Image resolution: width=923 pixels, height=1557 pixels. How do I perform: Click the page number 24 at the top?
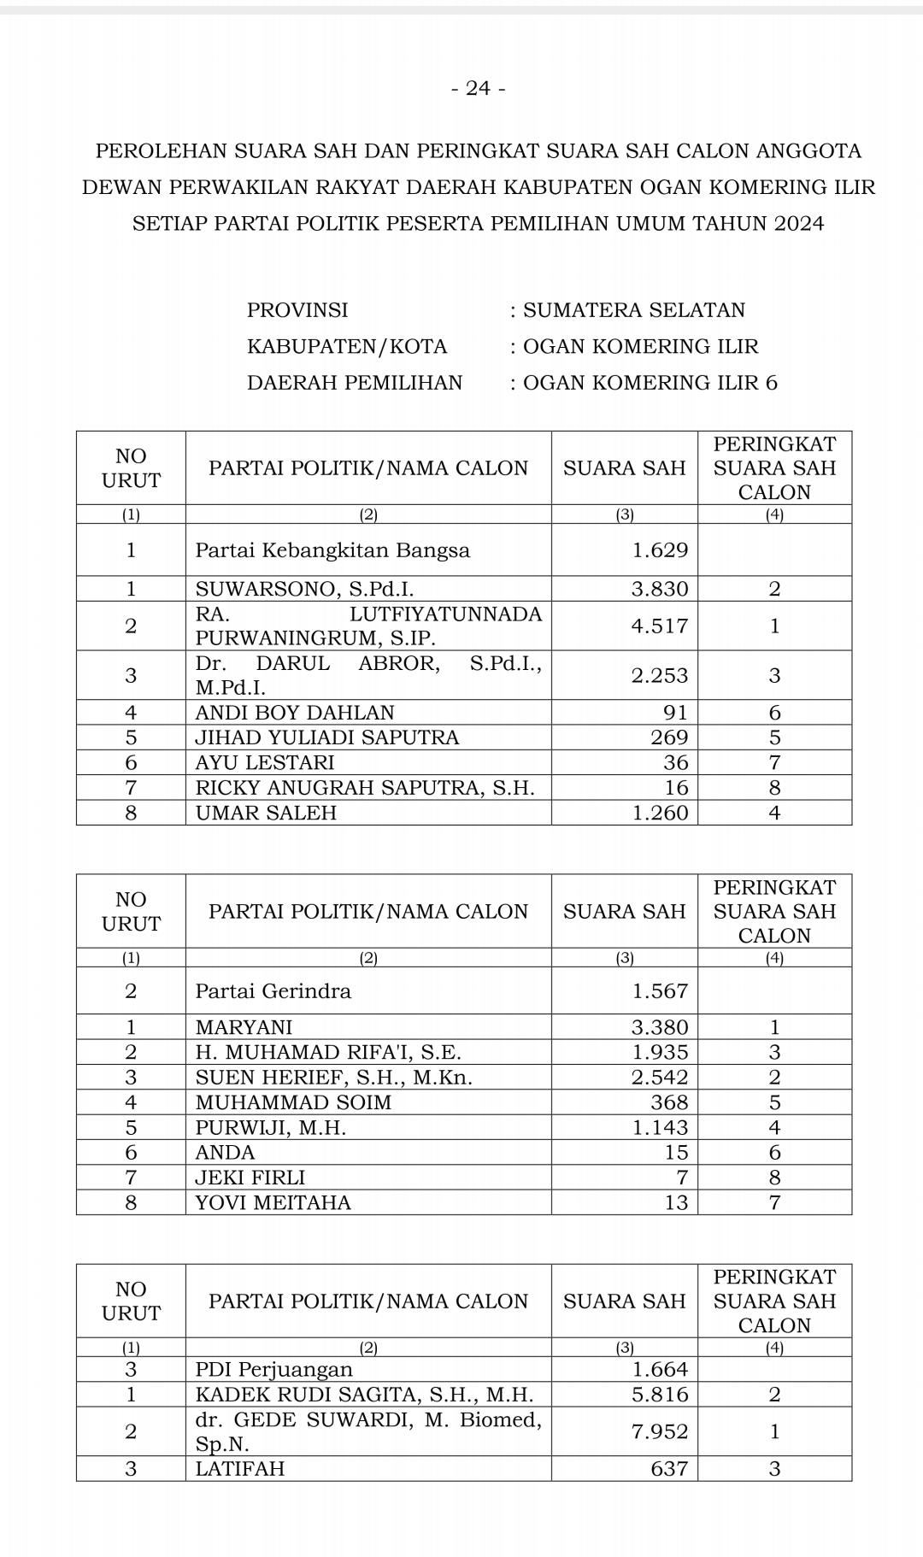point(478,89)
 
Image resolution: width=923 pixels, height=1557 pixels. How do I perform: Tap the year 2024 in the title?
point(800,224)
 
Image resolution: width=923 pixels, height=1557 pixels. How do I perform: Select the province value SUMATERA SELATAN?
point(633,310)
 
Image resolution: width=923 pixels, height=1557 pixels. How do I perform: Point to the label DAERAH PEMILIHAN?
point(355,383)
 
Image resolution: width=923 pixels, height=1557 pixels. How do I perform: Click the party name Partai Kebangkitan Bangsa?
point(332,550)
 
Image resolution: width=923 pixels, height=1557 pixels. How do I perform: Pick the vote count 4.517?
point(659,626)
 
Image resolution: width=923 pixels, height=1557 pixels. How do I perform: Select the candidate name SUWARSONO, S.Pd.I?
point(304,589)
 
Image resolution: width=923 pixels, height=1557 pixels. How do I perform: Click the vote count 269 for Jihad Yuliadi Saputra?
point(669,737)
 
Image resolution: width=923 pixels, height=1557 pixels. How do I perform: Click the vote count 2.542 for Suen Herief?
point(659,1078)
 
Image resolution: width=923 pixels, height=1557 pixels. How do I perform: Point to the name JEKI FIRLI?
point(250,1178)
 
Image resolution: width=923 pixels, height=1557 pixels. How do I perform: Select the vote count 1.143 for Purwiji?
point(659,1128)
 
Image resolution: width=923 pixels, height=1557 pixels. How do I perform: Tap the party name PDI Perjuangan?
point(273,1370)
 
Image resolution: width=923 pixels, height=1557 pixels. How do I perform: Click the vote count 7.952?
point(659,1431)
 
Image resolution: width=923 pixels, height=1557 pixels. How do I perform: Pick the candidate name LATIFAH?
point(240,1469)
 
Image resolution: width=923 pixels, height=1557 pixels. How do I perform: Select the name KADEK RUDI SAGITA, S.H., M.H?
point(364,1395)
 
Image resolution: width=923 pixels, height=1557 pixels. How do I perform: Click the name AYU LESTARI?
point(265,762)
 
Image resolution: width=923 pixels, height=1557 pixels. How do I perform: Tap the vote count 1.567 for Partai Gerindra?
point(659,991)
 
